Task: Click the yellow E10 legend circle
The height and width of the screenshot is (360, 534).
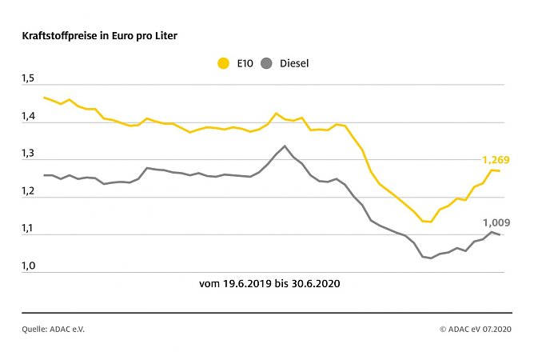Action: pyautogui.click(x=222, y=62)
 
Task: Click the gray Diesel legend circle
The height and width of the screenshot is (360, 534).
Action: pyautogui.click(x=269, y=62)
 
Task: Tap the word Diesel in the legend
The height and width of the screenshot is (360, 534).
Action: pyautogui.click(x=294, y=62)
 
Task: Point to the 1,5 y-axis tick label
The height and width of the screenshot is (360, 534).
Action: pyautogui.click(x=29, y=78)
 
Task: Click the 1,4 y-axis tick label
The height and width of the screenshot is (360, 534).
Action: pyautogui.click(x=29, y=117)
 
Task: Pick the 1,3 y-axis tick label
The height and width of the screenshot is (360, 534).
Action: pyautogui.click(x=29, y=154)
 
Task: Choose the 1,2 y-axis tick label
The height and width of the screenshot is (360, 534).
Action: pyautogui.click(x=29, y=192)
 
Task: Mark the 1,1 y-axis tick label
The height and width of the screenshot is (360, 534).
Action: pyautogui.click(x=29, y=229)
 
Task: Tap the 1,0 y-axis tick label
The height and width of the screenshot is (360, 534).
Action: pyautogui.click(x=29, y=266)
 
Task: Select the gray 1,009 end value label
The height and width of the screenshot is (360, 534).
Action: pyautogui.click(x=496, y=223)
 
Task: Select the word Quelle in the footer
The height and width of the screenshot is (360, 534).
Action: pyautogui.click(x=35, y=328)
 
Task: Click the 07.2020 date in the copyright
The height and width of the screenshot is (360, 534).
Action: pyautogui.click(x=496, y=328)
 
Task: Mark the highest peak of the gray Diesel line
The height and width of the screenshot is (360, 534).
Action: pyautogui.click(x=285, y=146)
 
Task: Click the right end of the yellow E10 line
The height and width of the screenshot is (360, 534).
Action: pyautogui.click(x=500, y=170)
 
